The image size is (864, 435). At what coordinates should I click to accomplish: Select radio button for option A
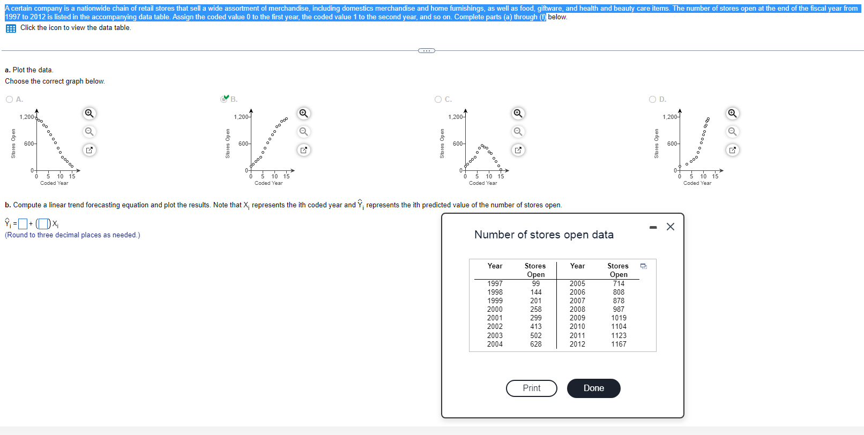click(9, 99)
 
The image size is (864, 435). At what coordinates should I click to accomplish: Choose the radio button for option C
click(438, 99)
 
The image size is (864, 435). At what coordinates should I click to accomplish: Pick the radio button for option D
click(652, 99)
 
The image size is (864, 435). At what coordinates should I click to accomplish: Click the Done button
click(593, 388)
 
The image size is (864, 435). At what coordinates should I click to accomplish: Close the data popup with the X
click(670, 227)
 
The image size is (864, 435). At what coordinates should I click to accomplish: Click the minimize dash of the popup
click(653, 227)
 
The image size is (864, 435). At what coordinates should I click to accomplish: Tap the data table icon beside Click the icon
click(11, 28)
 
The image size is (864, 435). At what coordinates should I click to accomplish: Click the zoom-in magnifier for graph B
click(303, 113)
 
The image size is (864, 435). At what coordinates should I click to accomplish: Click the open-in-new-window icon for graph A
click(90, 150)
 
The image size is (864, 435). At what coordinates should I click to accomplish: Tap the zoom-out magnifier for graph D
click(732, 131)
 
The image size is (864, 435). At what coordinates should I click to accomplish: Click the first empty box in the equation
click(23, 224)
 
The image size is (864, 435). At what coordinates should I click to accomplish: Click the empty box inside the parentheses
click(43, 224)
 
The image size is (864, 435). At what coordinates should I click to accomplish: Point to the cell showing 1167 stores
click(619, 344)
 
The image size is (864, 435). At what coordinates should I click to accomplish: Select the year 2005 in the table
click(577, 283)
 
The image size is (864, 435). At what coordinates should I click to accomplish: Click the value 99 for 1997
click(535, 283)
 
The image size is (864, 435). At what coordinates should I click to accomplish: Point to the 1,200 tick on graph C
click(456, 117)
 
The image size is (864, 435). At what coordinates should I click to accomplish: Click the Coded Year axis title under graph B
click(269, 183)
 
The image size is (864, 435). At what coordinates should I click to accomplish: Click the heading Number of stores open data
click(543, 235)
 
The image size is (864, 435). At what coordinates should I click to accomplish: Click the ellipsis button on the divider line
click(426, 51)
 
